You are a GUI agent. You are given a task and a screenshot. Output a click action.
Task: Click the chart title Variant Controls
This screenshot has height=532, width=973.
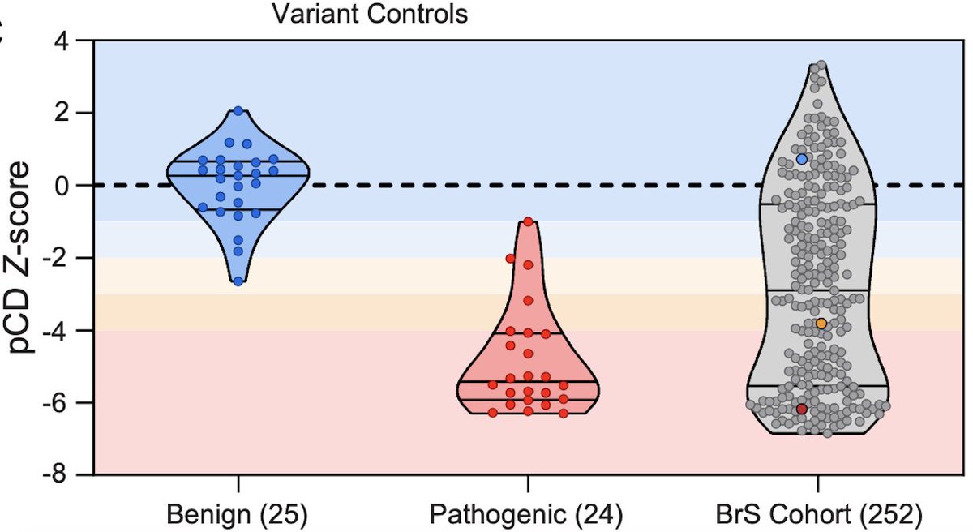coord(370,15)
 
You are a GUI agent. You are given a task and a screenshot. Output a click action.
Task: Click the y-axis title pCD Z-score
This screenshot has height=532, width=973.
coord(24,257)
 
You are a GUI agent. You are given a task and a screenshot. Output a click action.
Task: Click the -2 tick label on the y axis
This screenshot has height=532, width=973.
coord(70,258)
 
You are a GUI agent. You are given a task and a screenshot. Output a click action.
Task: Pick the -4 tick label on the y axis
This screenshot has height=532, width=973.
coord(70,331)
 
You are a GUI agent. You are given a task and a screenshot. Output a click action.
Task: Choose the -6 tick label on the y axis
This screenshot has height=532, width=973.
coord(70,403)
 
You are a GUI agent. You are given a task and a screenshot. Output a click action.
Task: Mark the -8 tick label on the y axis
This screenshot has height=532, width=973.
coord(70,475)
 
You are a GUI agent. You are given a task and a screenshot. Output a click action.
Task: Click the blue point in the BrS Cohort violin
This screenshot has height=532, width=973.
coord(802,160)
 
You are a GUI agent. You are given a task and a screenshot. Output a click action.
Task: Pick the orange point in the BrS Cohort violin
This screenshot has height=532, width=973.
coord(821,324)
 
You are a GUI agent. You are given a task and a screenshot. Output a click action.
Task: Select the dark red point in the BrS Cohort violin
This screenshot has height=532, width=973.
coord(802,410)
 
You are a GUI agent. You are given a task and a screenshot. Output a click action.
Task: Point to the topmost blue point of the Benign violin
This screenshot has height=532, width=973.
coord(238,111)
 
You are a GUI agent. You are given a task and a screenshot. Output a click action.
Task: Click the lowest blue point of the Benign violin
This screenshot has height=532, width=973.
coord(238,281)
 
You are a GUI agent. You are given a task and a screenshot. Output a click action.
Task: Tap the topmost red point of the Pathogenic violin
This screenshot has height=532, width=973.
coord(528,221)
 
